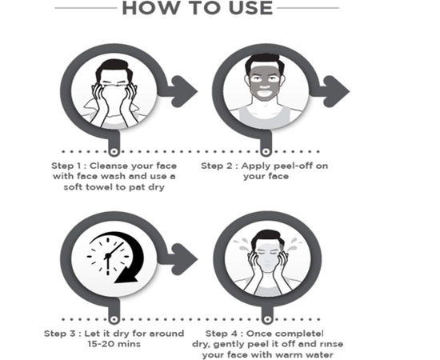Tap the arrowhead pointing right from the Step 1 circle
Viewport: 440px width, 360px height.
coord(185,91)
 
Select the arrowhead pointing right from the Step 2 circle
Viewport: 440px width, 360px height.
coord(337,91)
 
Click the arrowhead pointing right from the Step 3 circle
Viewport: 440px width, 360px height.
coord(185,258)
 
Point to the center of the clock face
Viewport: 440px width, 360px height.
coord(108,256)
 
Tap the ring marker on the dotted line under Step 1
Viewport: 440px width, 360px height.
coord(114,152)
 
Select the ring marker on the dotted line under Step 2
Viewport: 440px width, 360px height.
coord(266,152)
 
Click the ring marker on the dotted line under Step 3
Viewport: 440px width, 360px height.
coord(114,319)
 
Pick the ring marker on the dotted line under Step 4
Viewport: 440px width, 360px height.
coord(267,319)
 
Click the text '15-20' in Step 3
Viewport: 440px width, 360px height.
coord(101,344)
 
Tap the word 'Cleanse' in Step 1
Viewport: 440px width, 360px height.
coord(108,166)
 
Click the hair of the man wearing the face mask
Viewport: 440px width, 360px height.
coord(264,60)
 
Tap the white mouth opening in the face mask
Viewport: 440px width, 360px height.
coord(264,92)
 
